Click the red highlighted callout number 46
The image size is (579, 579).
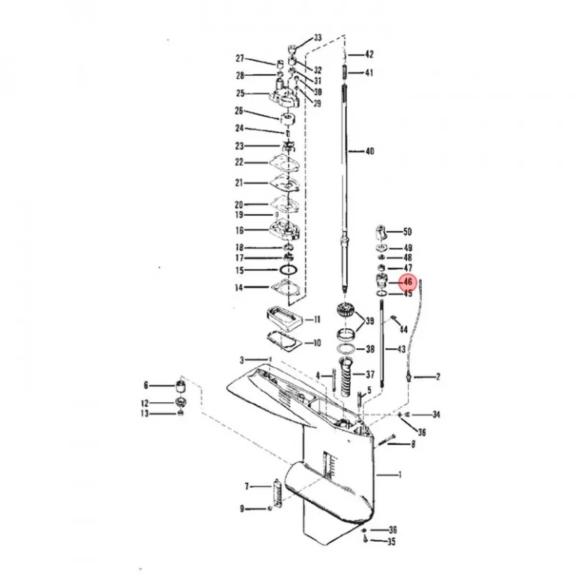(x=408, y=282)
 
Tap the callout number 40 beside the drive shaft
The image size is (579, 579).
(x=370, y=151)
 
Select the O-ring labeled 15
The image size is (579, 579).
(x=289, y=270)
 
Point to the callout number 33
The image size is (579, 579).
(x=317, y=38)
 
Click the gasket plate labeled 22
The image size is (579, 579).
(x=284, y=163)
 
